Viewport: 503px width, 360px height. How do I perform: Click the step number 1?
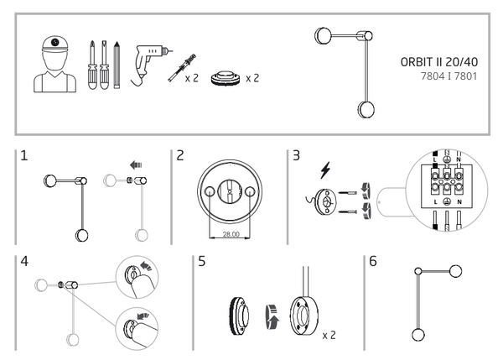[x=26, y=158]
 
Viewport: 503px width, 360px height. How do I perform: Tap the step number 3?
[x=296, y=158]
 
